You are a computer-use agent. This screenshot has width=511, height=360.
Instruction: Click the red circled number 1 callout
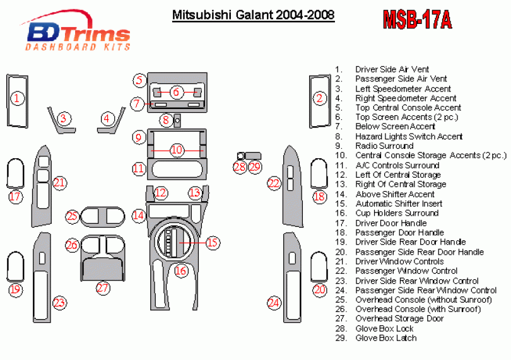[x=18, y=98]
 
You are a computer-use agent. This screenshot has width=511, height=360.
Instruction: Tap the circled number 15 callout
[x=212, y=242]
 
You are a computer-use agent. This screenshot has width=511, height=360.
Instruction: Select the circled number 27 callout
[x=103, y=287]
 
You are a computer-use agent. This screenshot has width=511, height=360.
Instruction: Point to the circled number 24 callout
[x=273, y=303]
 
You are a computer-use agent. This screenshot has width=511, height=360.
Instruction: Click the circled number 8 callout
[x=165, y=119]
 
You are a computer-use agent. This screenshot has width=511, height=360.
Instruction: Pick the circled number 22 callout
[x=273, y=183]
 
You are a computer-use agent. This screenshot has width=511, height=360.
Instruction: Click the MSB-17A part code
[x=417, y=20]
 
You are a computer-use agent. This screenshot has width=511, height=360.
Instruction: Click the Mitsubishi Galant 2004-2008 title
[x=253, y=15]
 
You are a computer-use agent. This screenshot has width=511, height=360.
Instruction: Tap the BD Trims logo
[x=77, y=33]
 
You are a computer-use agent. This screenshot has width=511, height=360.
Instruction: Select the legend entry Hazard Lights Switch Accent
[x=409, y=136]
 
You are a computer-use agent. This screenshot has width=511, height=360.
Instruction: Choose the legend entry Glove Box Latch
[x=386, y=338]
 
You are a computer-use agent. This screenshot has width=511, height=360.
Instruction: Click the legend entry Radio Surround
[x=384, y=146]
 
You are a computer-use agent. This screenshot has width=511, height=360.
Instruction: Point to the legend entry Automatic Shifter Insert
[x=399, y=204]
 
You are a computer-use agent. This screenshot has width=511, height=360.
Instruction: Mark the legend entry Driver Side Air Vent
[x=392, y=69]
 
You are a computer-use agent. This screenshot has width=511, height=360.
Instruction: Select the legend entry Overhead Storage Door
[x=399, y=318]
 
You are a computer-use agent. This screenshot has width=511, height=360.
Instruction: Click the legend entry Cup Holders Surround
[x=396, y=213]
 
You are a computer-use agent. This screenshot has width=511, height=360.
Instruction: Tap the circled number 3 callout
[x=63, y=118]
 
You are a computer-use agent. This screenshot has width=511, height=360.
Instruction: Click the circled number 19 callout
[x=15, y=289]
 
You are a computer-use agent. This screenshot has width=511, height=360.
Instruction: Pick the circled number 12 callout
[x=162, y=193]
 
